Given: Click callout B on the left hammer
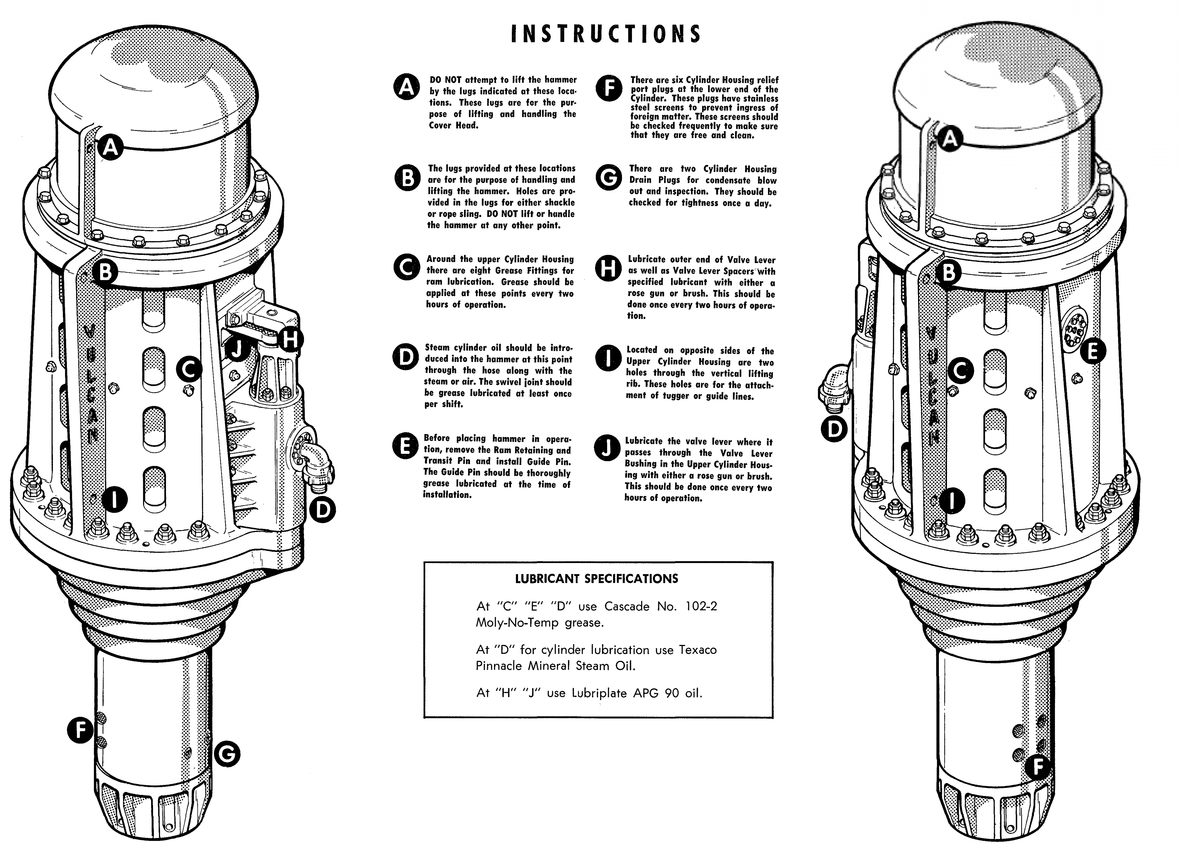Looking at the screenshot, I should (x=105, y=271).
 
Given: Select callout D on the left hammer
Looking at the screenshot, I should (x=323, y=510).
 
